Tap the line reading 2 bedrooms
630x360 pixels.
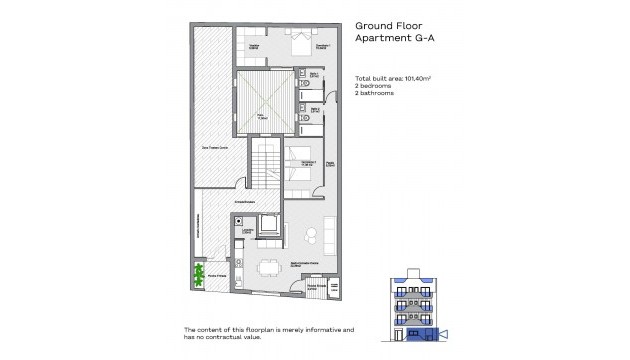pyautogui.click(x=376, y=86)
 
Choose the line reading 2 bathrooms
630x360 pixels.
pyautogui.click(x=377, y=94)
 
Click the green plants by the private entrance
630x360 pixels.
pyautogui.click(x=198, y=273)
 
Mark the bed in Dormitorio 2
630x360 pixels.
pyautogui.click(x=299, y=166)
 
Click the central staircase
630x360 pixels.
pyautogui.click(x=262, y=165)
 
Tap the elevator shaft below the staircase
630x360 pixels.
pyautogui.click(x=268, y=224)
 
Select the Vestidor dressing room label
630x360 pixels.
pyautogui.click(x=255, y=47)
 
